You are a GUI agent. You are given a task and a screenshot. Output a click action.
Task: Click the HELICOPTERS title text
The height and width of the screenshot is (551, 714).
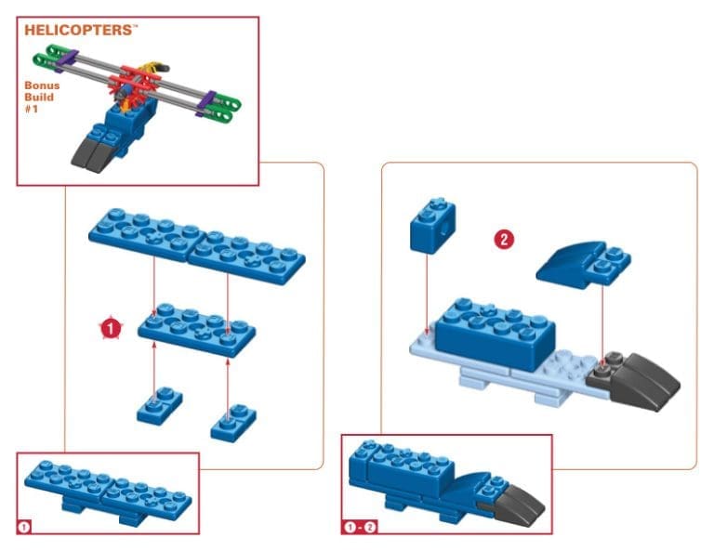coord(80,31)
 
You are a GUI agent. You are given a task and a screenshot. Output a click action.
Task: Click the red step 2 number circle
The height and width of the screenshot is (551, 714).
coord(503,240)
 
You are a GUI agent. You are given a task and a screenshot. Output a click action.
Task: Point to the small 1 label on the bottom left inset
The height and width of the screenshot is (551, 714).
coord(25,527)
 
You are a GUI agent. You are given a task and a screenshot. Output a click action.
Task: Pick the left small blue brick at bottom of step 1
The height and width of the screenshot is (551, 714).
coord(159,405)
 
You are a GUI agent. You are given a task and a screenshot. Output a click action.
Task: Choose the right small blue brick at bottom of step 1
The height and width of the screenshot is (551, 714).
coord(233,423)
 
